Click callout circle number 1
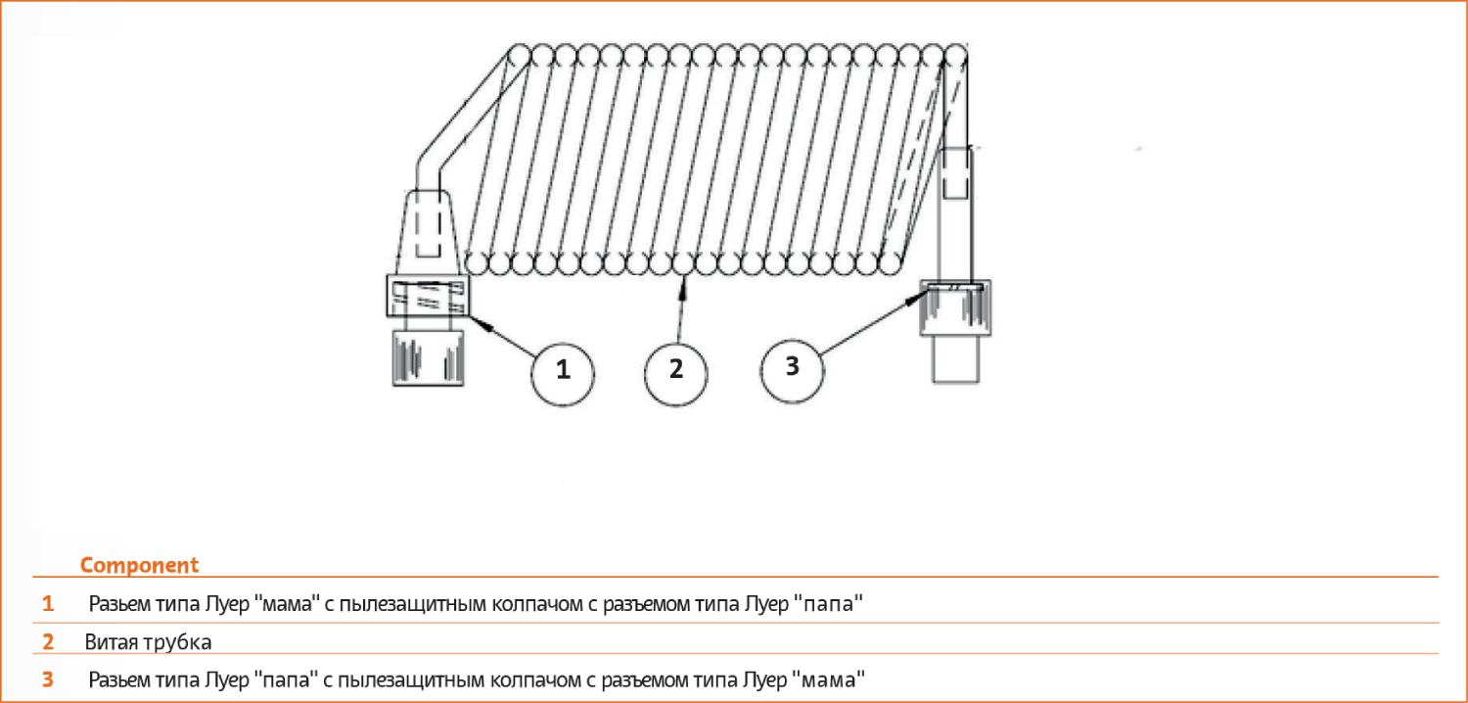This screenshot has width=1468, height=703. pyautogui.click(x=563, y=374)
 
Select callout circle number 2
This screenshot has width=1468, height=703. pyautogui.click(x=676, y=374)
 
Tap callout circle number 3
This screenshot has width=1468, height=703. pyautogui.click(x=793, y=370)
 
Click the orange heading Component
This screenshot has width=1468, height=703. pyautogui.click(x=139, y=565)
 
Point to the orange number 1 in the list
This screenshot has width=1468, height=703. pyautogui.click(x=48, y=603)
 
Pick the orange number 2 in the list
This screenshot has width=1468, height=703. pyautogui.click(x=48, y=641)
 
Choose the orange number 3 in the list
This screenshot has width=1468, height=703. pyautogui.click(x=48, y=680)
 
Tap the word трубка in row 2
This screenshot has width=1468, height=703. pyautogui.click(x=177, y=642)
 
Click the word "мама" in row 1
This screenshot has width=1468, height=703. pyautogui.click(x=286, y=603)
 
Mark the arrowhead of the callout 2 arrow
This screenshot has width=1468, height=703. pyautogui.click(x=684, y=285)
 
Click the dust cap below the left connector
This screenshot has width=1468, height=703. pyautogui.click(x=428, y=357)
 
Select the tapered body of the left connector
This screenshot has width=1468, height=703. pyautogui.click(x=428, y=232)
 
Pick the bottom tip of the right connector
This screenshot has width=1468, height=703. pyautogui.click(x=955, y=382)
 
